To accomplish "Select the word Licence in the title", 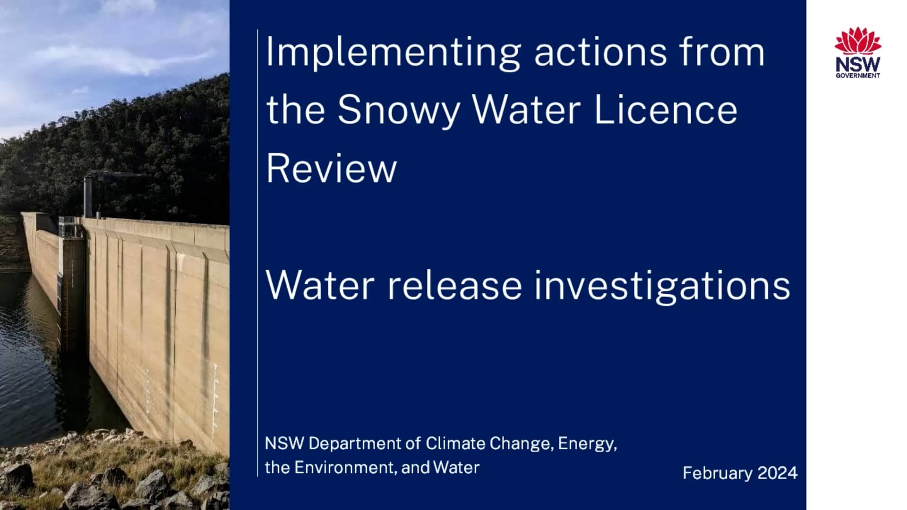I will tap(666, 110).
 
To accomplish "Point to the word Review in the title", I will tap(331, 169).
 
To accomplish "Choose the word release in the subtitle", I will tap(454, 286).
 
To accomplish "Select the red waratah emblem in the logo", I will tap(857, 41).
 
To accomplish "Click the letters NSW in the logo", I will tap(857, 65).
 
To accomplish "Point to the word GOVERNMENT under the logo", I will tap(857, 76).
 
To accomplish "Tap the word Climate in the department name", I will tap(455, 444).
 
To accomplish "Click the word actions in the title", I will tap(600, 53).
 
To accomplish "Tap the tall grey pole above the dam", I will tap(87, 196).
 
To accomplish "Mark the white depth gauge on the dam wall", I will tap(215, 401).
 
